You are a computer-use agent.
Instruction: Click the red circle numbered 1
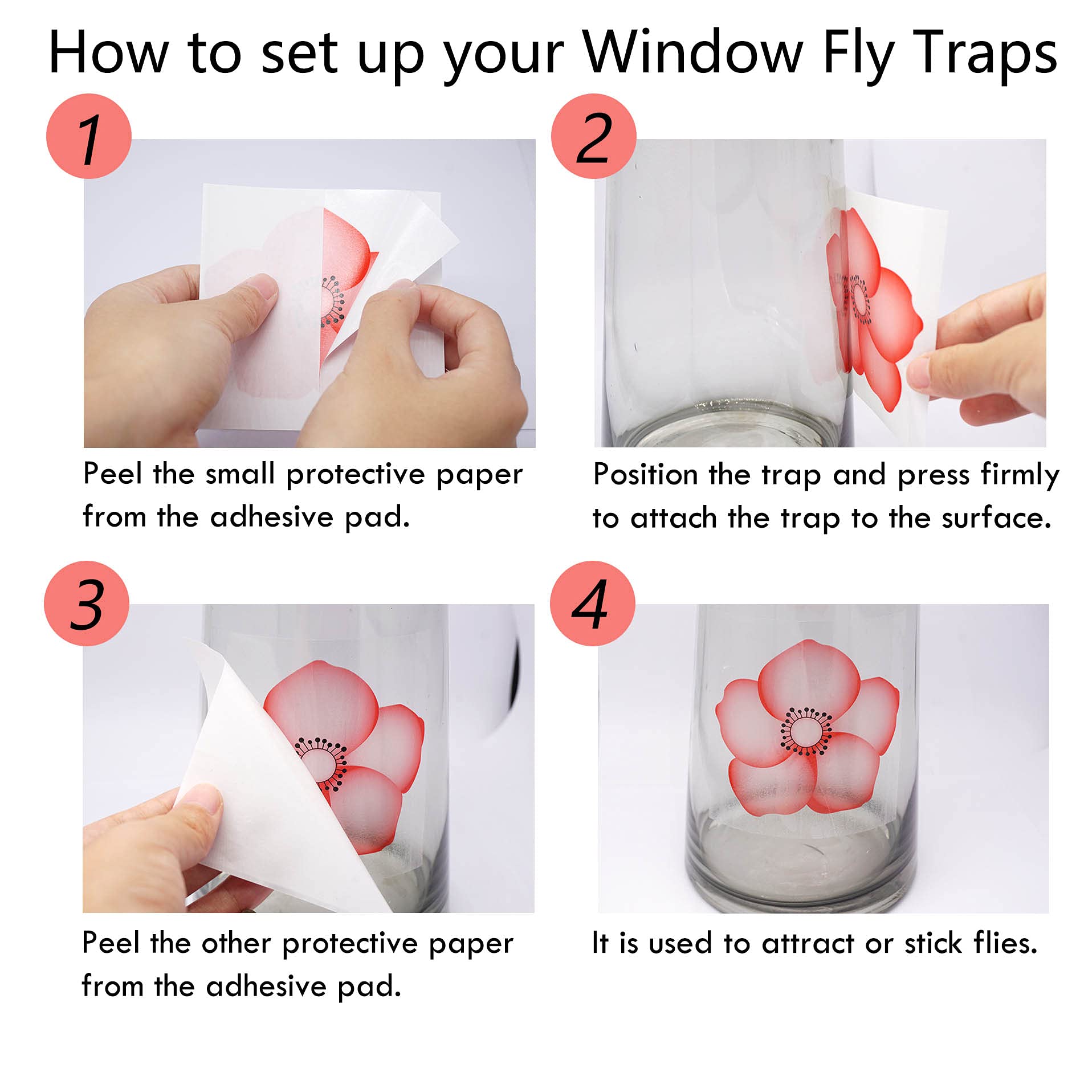click(89, 136)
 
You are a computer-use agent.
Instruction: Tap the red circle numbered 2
click(593, 136)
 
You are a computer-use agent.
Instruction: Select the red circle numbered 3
click(87, 603)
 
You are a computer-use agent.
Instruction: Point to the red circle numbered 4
click(593, 603)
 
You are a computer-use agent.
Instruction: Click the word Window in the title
click(693, 52)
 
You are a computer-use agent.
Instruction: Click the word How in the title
click(108, 52)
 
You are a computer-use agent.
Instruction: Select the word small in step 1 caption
click(240, 474)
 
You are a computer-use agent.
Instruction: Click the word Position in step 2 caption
click(647, 474)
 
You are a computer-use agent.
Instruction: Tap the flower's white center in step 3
click(319, 765)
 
